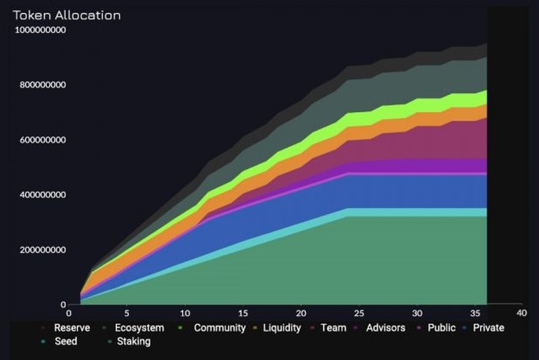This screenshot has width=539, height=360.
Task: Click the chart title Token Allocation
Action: tap(67, 15)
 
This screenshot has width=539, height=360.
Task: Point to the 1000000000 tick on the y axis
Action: tap(41, 30)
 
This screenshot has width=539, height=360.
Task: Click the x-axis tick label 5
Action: tap(127, 313)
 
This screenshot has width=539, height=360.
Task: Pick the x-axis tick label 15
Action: tap(243, 313)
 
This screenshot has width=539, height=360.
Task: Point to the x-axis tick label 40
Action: tap(521, 313)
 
